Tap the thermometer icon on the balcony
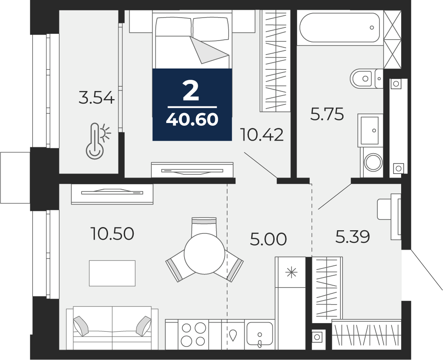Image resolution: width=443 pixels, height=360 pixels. [x=98, y=141]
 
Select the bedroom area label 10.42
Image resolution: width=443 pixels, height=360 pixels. [x=261, y=135]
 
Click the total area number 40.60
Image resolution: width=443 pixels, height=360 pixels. [x=192, y=119]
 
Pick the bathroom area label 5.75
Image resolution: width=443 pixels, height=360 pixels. [x=327, y=114]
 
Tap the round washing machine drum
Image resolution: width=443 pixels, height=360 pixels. [x=373, y=162]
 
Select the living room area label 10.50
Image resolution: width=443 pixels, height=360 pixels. [x=112, y=234]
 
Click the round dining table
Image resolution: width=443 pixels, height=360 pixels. [x=204, y=254]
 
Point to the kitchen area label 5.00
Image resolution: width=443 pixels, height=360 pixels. [x=268, y=239]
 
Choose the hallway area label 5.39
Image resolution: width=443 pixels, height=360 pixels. [x=353, y=237]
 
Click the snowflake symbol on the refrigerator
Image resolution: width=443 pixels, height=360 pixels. [x=291, y=273]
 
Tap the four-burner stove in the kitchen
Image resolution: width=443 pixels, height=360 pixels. [x=193, y=334]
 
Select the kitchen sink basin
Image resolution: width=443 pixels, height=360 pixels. [x=260, y=335]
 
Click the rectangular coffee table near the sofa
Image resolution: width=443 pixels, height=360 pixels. [x=112, y=273]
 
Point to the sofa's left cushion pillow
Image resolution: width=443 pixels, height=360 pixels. [x=81, y=326]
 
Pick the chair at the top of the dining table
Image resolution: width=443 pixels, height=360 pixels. [x=204, y=227]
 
